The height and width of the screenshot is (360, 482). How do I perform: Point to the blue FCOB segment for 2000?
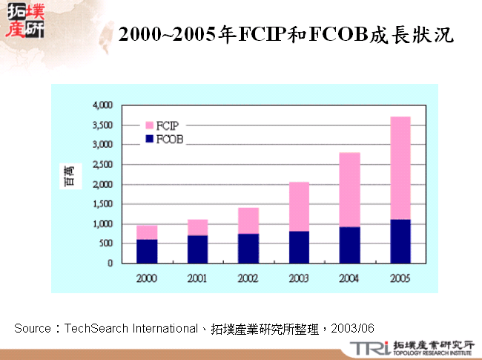pos(146,251)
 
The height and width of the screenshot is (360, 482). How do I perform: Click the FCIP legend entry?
pos(166,125)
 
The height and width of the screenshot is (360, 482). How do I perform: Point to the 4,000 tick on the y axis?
pos(101,105)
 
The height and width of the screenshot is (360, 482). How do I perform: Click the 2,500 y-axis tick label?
pos(101,165)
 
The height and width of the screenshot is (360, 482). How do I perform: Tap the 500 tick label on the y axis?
pos(105,243)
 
